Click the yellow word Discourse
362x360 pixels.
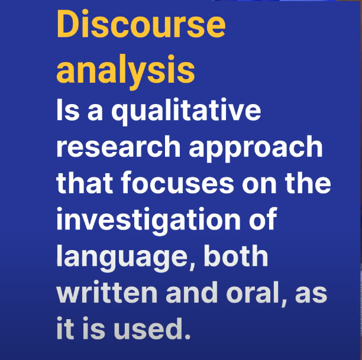[141, 24]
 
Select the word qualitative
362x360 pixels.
[186, 111]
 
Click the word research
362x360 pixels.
[118, 146]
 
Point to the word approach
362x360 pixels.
[256, 148]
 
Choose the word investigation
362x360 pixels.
[148, 220]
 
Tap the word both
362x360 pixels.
[236, 255]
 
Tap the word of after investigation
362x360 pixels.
[263, 218]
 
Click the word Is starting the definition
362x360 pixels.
[68, 109]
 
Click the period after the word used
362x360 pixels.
[188, 336]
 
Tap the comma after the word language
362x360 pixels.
[192, 267]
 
